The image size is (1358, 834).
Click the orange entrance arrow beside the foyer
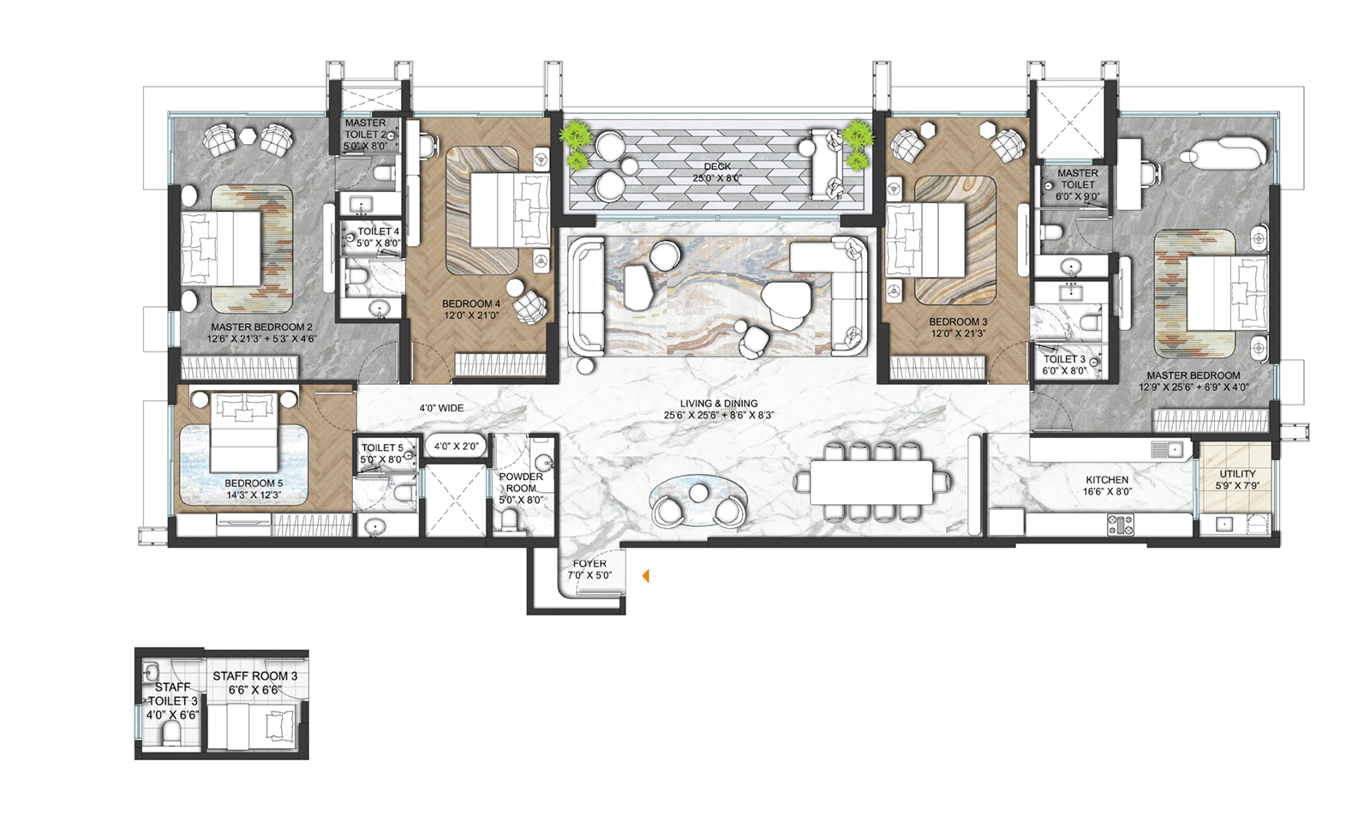(x=646, y=576)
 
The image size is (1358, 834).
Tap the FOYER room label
(x=589, y=563)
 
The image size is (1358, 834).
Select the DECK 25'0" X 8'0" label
(x=717, y=171)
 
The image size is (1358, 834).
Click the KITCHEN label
(x=1107, y=480)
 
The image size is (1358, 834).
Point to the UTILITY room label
(x=1237, y=474)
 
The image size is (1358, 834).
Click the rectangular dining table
(x=871, y=482)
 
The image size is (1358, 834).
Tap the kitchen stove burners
(x=1121, y=525)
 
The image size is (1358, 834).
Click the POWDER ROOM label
(x=521, y=483)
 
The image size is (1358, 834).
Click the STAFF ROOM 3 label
(x=254, y=675)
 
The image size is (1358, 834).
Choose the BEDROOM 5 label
(x=254, y=483)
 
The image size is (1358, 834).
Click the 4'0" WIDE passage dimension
(x=441, y=408)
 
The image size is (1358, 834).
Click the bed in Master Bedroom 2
(x=221, y=249)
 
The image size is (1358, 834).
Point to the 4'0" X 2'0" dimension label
(x=456, y=447)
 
